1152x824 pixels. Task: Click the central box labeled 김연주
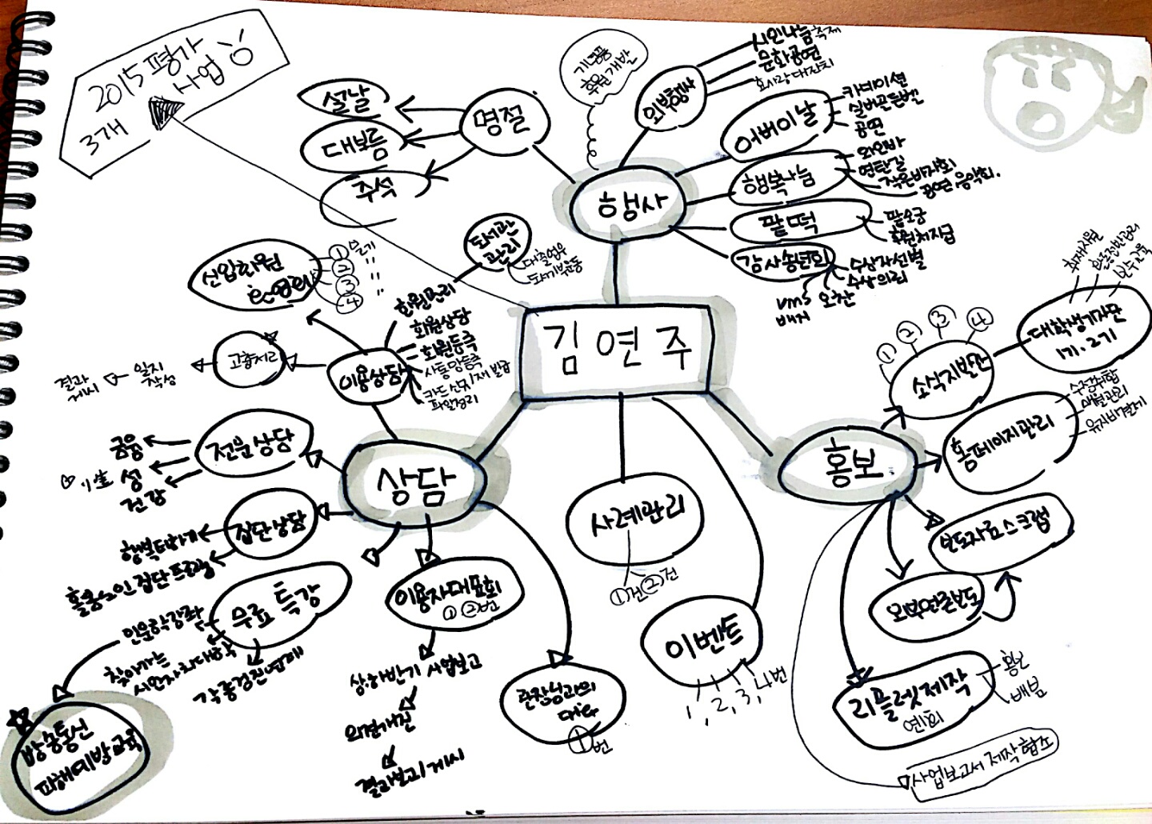click(614, 350)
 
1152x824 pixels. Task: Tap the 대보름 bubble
click(353, 147)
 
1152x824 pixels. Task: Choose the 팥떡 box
click(789, 224)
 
